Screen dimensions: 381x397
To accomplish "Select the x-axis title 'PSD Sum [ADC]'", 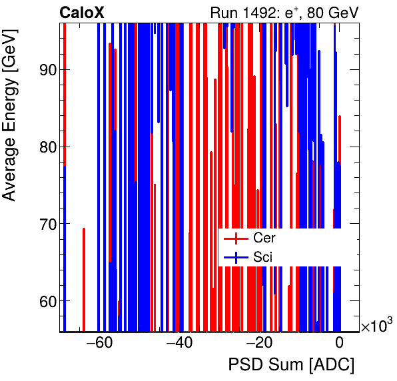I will [x=291, y=365].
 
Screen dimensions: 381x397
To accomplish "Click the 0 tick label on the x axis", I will [x=340, y=344].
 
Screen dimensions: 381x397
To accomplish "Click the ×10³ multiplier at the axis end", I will [x=376, y=326].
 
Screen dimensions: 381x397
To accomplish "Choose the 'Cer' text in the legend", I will [x=264, y=238].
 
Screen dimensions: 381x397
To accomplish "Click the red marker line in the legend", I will [x=236, y=238].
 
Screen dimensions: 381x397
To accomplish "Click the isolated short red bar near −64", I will [x=84, y=278].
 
